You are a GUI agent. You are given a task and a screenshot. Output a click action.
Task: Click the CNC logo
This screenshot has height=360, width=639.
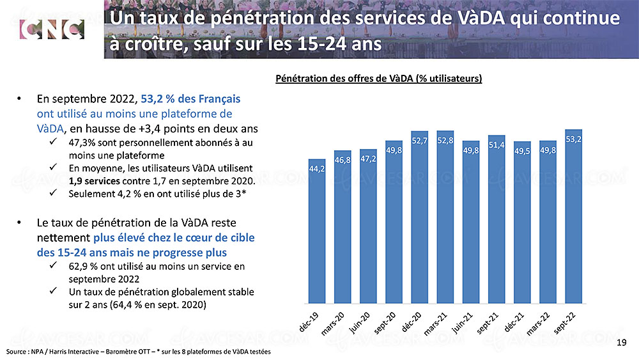pyautogui.click(x=52, y=29)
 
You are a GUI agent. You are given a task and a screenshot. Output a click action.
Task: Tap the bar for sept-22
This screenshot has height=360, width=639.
pyautogui.click(x=573, y=217)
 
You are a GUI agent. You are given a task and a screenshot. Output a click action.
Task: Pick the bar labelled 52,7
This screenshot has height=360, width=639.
pyautogui.click(x=420, y=217)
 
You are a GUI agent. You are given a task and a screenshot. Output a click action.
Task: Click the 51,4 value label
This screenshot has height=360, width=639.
pyautogui.click(x=497, y=146)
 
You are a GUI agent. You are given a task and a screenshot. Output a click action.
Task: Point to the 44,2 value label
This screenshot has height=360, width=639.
pyautogui.click(x=317, y=169)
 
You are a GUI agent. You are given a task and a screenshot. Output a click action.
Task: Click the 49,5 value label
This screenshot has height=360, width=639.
pyautogui.click(x=522, y=152)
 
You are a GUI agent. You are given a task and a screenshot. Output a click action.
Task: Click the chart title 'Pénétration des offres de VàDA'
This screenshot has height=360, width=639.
pyautogui.click(x=378, y=79)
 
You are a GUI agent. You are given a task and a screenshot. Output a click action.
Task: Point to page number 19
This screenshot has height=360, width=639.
pyautogui.click(x=622, y=344)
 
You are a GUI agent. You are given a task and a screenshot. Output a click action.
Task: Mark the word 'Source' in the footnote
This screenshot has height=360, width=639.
pyautogui.click(x=17, y=352)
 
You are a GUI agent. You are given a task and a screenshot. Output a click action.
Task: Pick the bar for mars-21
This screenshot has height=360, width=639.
pyautogui.click(x=445, y=217)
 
